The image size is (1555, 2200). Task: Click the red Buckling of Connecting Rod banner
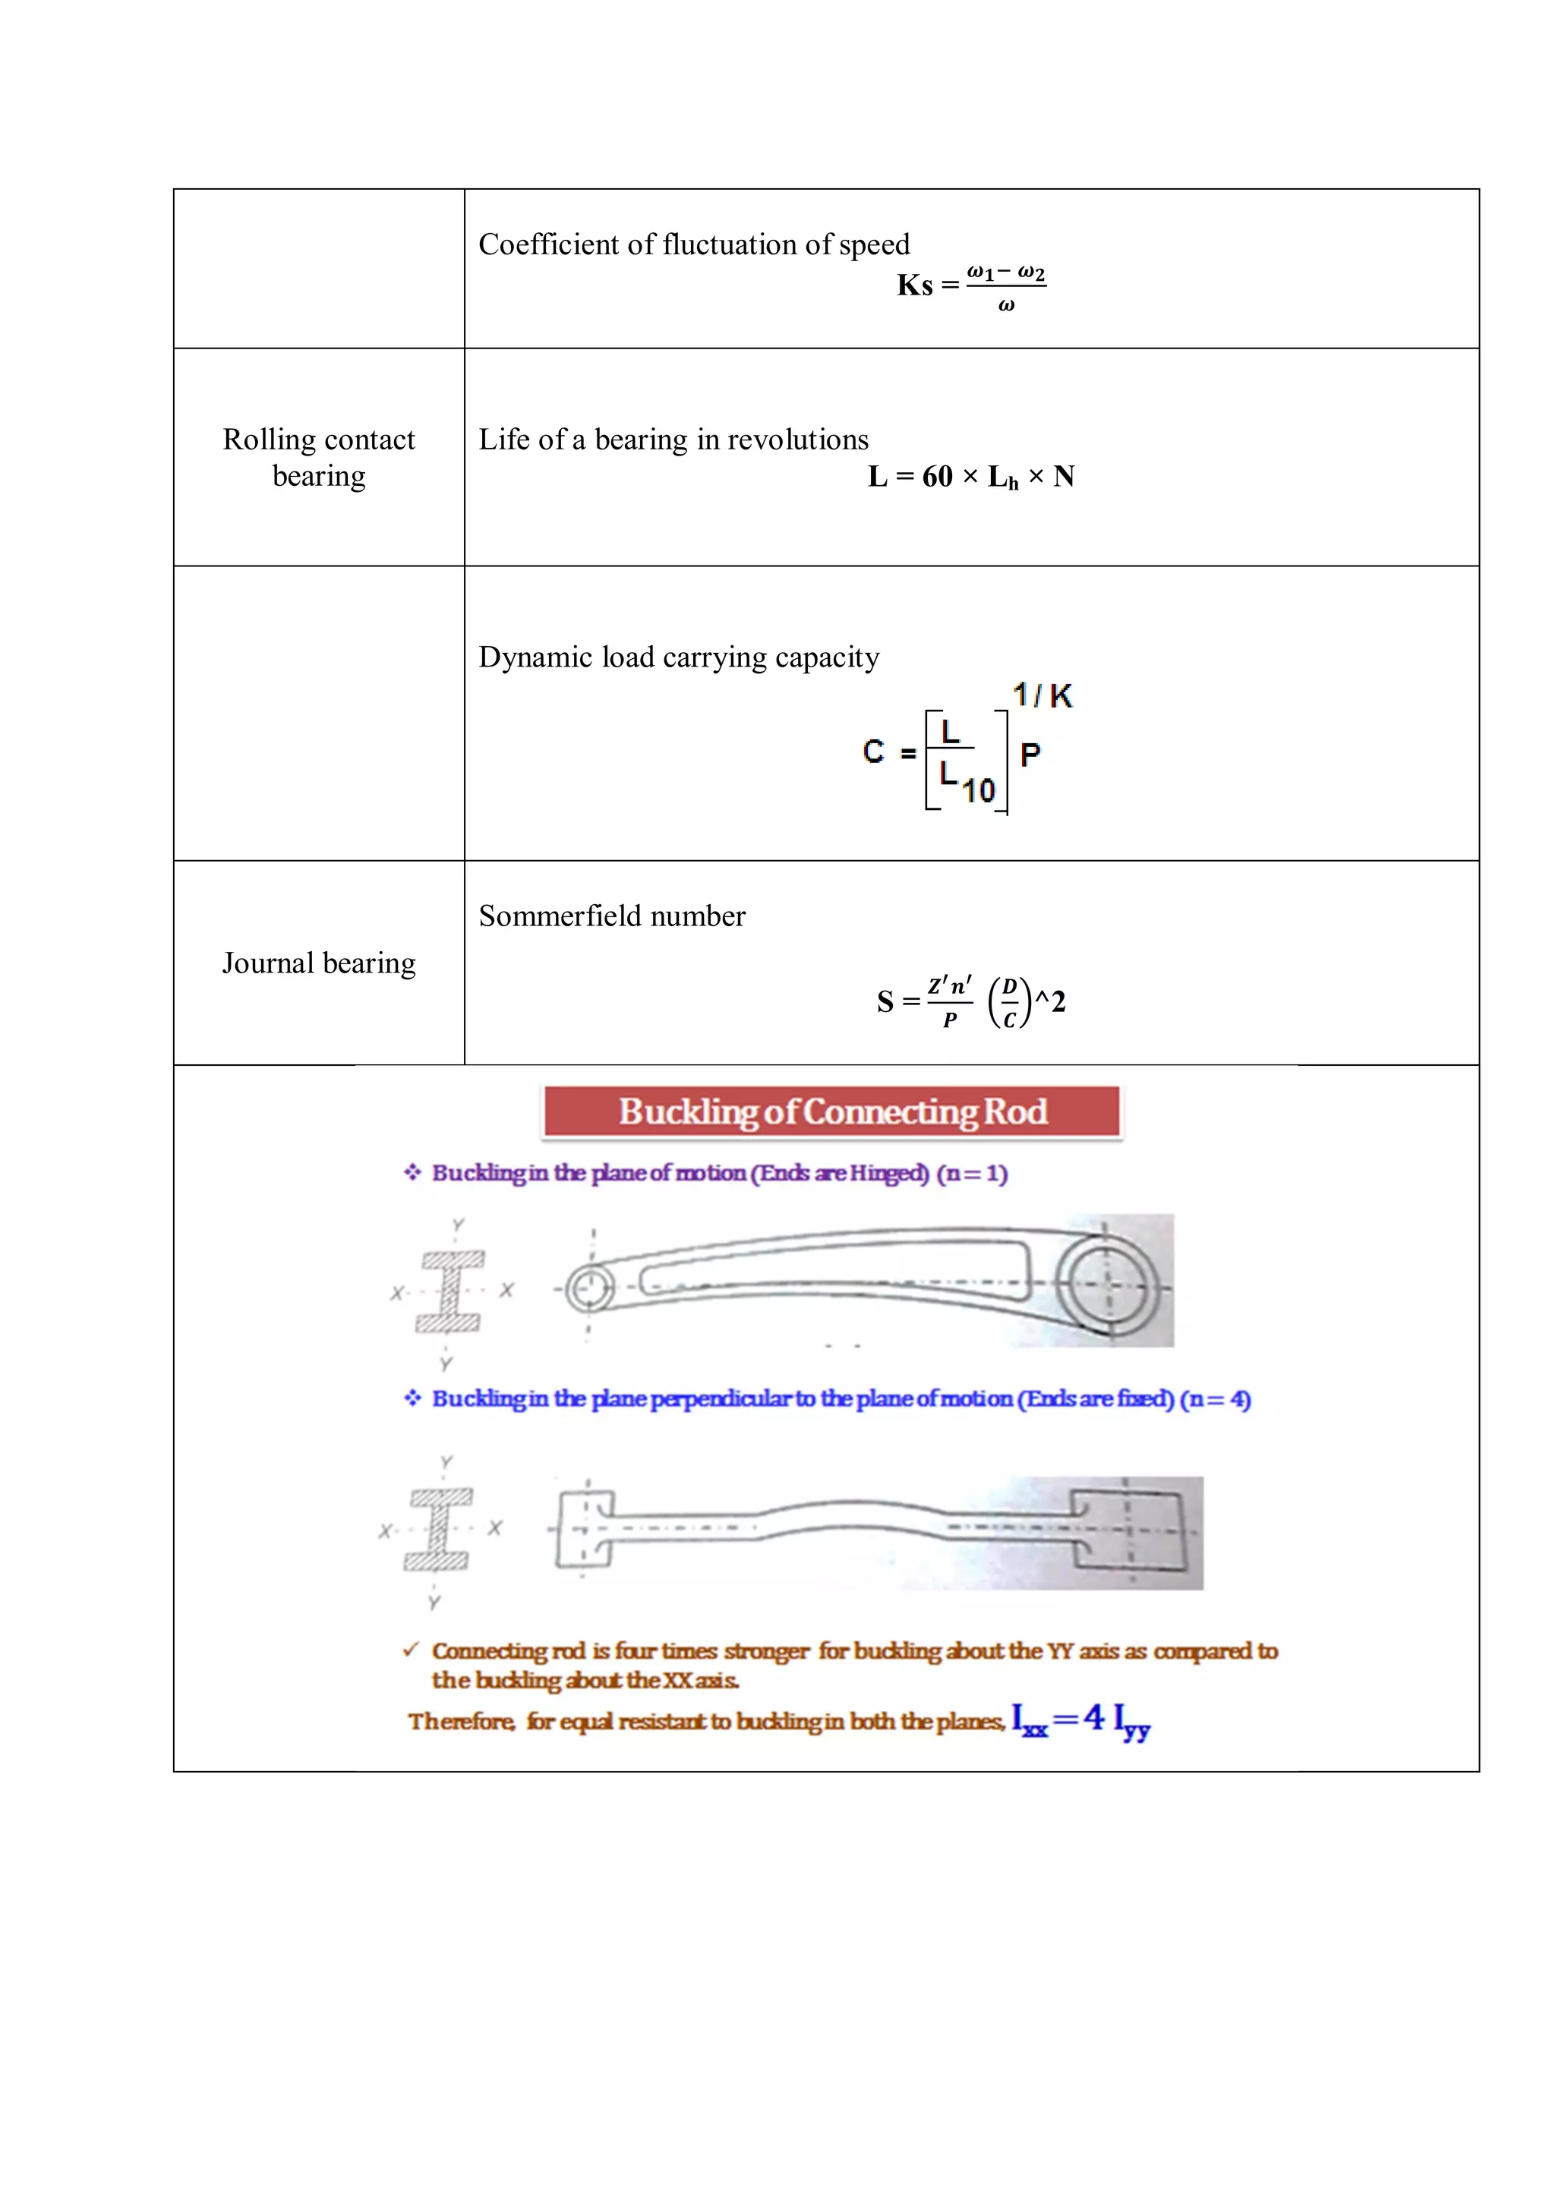coord(831,1111)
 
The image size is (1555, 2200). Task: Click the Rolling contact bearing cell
coord(319,457)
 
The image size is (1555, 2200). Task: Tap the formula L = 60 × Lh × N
coord(970,476)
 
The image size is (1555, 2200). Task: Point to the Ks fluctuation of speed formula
coord(970,285)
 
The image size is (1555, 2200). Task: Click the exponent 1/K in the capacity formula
coord(1042,695)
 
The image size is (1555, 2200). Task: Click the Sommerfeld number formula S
coord(970,1001)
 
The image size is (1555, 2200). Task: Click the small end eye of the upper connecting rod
coord(589,1289)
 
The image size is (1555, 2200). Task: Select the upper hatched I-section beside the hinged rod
coord(449,1291)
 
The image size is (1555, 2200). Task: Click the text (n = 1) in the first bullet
coord(972,1173)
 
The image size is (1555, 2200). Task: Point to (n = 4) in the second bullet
coord(1215,1399)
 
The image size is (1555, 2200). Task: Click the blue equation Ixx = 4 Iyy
coord(1080,1720)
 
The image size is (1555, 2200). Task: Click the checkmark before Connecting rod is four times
coord(411,1649)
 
